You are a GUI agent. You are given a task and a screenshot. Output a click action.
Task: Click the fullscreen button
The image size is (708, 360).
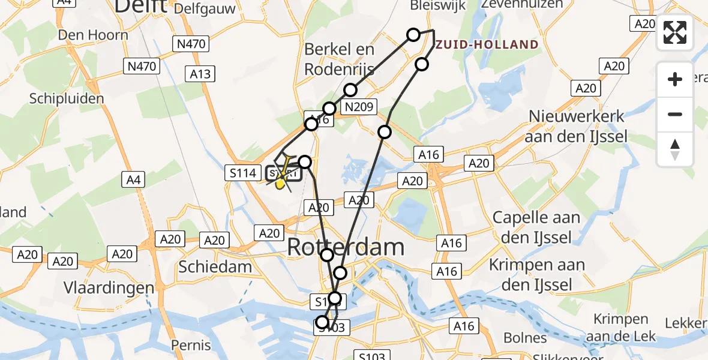(675, 32)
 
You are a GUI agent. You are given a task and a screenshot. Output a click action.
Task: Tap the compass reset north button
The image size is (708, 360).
(675, 149)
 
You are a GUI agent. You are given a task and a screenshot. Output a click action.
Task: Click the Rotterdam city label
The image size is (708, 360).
(346, 247)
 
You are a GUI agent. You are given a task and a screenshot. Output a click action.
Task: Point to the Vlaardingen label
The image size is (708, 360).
(109, 288)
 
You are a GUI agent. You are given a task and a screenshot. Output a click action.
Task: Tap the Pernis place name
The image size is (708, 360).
(191, 345)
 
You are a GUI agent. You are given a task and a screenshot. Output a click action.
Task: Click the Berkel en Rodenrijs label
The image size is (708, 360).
(340, 59)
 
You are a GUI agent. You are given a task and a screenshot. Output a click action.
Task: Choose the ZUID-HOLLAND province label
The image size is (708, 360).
(487, 44)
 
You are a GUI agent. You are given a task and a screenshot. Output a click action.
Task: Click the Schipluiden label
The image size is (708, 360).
(67, 99)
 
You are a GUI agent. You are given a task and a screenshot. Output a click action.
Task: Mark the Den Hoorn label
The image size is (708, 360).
(93, 35)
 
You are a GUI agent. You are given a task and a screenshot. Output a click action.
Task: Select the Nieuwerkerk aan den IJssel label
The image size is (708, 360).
(576, 126)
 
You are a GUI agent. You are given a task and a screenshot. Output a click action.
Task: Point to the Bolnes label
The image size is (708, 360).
(525, 338)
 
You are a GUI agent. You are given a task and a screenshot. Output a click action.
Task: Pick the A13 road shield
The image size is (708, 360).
(200, 74)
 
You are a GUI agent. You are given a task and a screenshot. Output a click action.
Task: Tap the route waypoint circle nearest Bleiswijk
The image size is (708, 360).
(413, 35)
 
